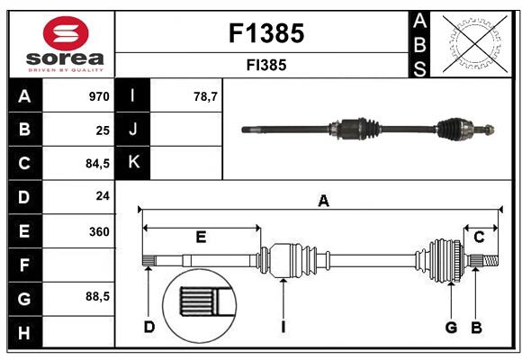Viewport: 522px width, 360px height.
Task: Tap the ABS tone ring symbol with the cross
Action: coord(472,43)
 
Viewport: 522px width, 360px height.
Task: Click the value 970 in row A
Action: coord(98,96)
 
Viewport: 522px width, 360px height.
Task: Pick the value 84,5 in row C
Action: coord(96,164)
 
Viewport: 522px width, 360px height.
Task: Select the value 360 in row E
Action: coord(98,231)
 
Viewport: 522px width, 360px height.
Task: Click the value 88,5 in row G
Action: coord(96,297)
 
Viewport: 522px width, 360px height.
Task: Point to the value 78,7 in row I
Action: coord(205,96)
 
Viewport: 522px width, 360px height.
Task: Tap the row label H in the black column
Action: coord(24,333)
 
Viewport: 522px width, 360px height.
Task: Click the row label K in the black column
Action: coord(133,163)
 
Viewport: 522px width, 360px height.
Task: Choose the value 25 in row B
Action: coord(103,130)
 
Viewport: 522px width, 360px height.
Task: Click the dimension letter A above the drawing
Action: coord(322,202)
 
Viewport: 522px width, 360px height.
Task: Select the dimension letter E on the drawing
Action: coord(201,238)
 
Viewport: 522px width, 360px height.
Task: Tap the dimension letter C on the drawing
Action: coord(480,237)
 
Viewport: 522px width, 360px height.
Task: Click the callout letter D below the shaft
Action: coord(148,327)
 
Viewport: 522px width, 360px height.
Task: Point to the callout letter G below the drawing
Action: coord(451,327)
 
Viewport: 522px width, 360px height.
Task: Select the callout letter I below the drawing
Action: coord(283,327)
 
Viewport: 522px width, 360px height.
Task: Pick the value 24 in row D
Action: coord(103,197)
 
